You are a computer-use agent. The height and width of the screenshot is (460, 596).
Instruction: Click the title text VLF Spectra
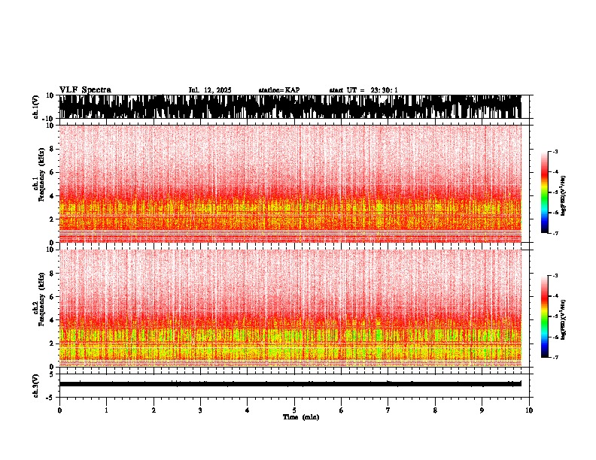tap(85, 89)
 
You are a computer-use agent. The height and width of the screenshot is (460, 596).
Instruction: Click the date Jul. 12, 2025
tap(210, 90)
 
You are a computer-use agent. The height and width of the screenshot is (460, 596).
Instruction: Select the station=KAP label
tap(279, 90)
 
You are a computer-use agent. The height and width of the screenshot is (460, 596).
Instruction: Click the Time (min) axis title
tap(300, 416)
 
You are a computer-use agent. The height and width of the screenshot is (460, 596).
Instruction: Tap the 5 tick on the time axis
tap(294, 410)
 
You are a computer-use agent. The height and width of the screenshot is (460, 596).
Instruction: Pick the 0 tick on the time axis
tap(59, 410)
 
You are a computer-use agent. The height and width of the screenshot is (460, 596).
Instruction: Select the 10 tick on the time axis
tap(529, 410)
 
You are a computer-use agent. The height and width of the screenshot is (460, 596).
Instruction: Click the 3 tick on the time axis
tap(200, 410)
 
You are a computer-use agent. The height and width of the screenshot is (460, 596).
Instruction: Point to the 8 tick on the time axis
tap(435, 410)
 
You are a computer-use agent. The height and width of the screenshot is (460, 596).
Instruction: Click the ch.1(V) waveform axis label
tap(36, 107)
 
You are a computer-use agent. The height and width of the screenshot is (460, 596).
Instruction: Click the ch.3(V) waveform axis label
tap(36, 384)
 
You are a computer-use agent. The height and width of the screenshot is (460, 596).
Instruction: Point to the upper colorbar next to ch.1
tap(545, 193)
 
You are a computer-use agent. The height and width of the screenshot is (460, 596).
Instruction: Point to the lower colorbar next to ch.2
tap(545, 316)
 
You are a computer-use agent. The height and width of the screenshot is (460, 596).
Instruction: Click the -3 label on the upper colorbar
tap(554, 152)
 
